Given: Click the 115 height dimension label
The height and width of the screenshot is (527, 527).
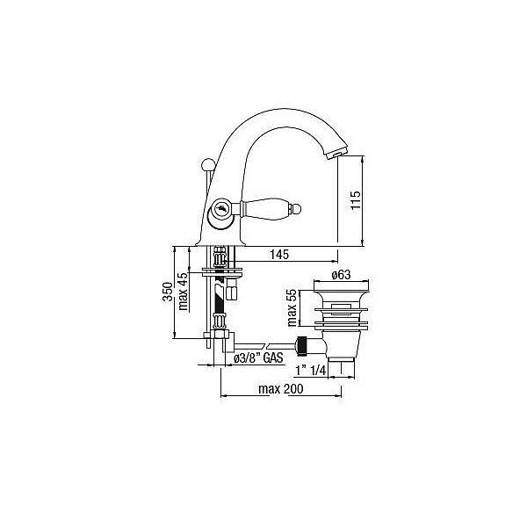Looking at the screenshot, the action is pos(355,200).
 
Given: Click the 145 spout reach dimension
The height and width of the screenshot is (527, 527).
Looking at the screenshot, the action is pos(279,255).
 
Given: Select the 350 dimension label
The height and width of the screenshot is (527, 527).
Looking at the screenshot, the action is pos(168,292).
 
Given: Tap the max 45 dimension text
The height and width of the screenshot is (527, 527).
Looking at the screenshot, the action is pos(184,291).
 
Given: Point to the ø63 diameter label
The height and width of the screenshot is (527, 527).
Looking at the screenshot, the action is pos(341,275).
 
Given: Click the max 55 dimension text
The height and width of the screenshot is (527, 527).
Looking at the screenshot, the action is pos(292,307).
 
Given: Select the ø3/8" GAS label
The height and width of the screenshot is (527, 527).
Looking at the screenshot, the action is pos(258,358).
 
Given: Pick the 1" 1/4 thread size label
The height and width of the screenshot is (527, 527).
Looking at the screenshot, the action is pos(311,371).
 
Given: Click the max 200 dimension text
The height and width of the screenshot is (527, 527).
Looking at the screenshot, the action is pos(281,389).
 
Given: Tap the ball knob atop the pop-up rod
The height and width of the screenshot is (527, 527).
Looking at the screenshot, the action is pos(206,165).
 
